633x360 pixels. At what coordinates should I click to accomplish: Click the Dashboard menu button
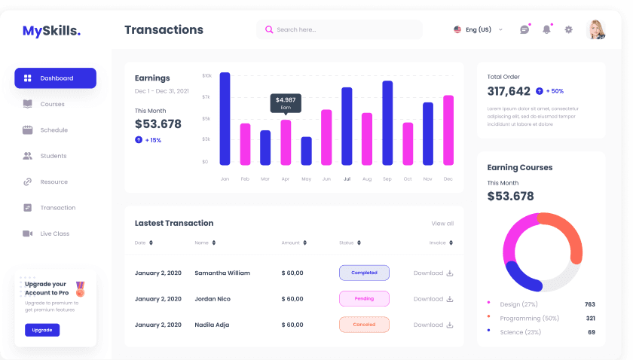[55, 78]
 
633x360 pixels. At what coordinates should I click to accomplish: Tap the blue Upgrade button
[42, 330]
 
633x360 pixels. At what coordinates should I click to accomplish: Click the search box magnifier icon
[269, 30]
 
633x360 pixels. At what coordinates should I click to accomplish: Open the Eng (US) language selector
[478, 30]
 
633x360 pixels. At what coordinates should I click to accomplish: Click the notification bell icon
[546, 30]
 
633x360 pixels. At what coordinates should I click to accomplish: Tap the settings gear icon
[569, 30]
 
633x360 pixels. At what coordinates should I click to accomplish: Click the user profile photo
[595, 29]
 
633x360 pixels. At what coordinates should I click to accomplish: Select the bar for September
[387, 123]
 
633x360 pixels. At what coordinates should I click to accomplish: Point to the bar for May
[306, 151]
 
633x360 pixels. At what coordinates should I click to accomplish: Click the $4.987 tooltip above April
[286, 103]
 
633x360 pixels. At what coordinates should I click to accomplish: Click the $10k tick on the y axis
[206, 75]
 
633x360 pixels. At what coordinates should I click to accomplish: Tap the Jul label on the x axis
[347, 179]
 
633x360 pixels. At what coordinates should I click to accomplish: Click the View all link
[442, 224]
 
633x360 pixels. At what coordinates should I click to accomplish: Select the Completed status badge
[364, 273]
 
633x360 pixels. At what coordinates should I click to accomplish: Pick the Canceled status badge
[364, 325]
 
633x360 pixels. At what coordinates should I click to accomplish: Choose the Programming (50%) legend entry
[529, 318]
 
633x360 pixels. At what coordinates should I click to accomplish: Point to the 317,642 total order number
[509, 91]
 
